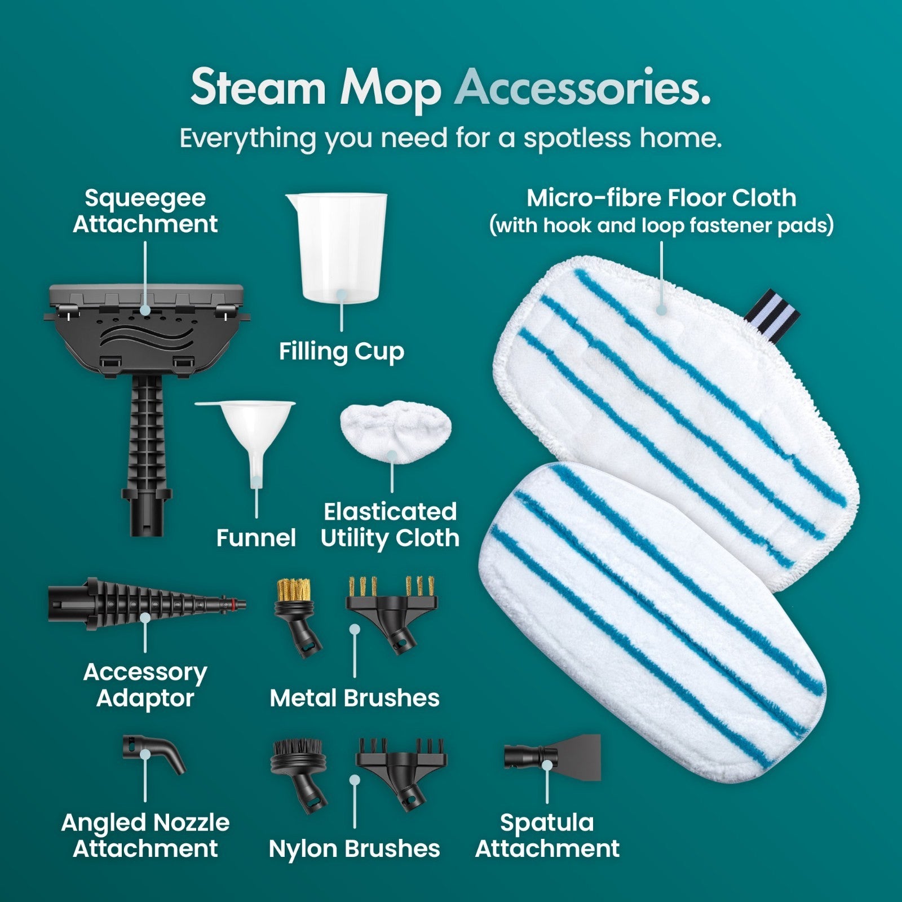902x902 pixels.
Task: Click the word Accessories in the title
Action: click(x=582, y=88)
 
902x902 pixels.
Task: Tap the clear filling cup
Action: click(x=337, y=248)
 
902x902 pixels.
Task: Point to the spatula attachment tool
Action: click(x=552, y=757)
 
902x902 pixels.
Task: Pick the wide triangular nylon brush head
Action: click(x=402, y=773)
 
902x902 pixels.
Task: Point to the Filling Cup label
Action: click(x=342, y=351)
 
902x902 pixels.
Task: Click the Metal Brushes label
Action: click(x=355, y=698)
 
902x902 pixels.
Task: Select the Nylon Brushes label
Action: click(x=355, y=848)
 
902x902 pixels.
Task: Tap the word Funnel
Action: click(x=256, y=538)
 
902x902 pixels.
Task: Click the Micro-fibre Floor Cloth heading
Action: click(x=661, y=198)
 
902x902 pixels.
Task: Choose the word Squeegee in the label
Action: click(x=145, y=199)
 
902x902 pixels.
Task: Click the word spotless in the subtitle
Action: click(x=577, y=139)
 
